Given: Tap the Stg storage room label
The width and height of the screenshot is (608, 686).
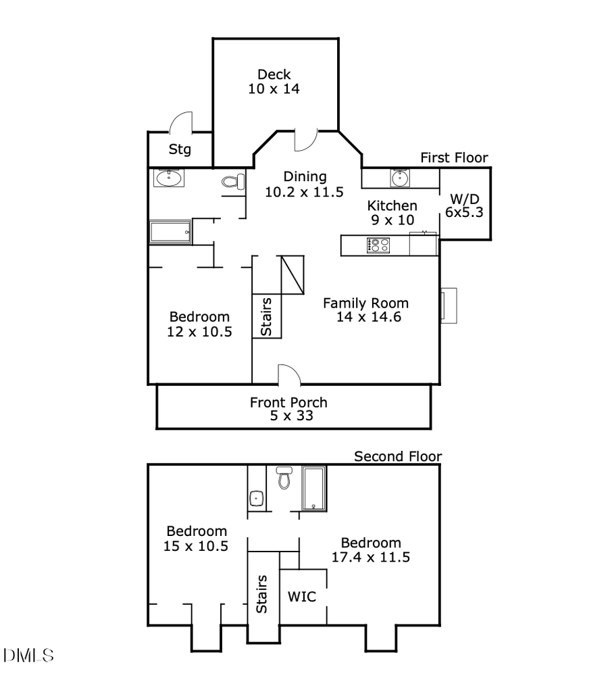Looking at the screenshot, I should pyautogui.click(x=180, y=149).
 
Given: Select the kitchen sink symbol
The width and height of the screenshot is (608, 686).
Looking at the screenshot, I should pyautogui.click(x=399, y=178).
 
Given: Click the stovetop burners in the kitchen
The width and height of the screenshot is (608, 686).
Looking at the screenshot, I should pyautogui.click(x=378, y=245).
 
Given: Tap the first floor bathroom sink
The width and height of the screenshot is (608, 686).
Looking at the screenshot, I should pyautogui.click(x=168, y=178).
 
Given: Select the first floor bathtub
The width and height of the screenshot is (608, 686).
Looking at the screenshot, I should pyautogui.click(x=170, y=232).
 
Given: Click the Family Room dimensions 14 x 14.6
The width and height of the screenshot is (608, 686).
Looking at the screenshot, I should pyautogui.click(x=369, y=316).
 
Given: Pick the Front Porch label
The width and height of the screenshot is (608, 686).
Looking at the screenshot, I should pyautogui.click(x=288, y=403).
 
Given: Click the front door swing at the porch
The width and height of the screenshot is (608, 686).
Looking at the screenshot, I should pyautogui.click(x=288, y=374).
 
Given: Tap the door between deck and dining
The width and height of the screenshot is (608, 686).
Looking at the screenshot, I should pyautogui.click(x=305, y=139).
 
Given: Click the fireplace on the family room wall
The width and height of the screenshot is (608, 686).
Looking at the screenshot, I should pyautogui.click(x=449, y=304).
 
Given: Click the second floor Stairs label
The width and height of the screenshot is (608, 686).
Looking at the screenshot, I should pyautogui.click(x=262, y=594).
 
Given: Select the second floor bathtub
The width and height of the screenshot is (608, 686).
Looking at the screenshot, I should pyautogui.click(x=314, y=488).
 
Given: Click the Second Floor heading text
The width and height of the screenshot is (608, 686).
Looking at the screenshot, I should pyautogui.click(x=398, y=457).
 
